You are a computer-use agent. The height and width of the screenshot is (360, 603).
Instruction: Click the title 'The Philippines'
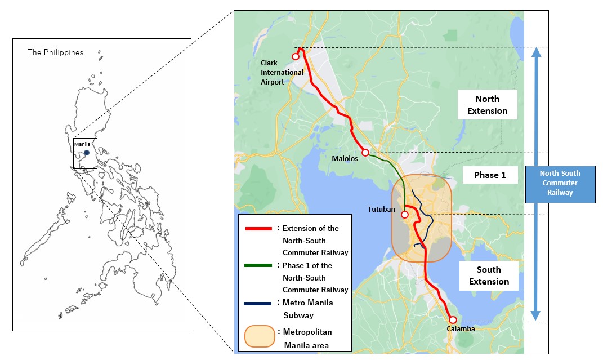[x=56, y=52]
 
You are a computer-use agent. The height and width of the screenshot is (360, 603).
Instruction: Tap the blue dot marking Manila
[x=87, y=153]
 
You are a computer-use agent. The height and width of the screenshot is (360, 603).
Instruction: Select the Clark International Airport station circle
[x=295, y=56]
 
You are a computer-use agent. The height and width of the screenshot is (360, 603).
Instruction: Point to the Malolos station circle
[x=365, y=153]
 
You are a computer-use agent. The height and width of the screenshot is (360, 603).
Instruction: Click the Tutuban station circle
[x=404, y=214]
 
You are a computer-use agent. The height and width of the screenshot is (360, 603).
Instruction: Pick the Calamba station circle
[x=453, y=320]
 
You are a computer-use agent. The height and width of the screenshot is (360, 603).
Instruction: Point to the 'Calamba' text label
[x=461, y=329]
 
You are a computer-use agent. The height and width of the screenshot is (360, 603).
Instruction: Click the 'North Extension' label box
[x=488, y=105]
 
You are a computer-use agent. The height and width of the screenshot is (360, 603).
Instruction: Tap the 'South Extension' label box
[x=489, y=275]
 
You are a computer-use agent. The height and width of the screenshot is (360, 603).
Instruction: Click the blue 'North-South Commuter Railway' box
[x=560, y=183]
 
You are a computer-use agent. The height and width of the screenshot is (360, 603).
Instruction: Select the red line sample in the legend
[x=258, y=229]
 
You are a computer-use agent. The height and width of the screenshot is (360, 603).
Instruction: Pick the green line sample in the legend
[x=258, y=265]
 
